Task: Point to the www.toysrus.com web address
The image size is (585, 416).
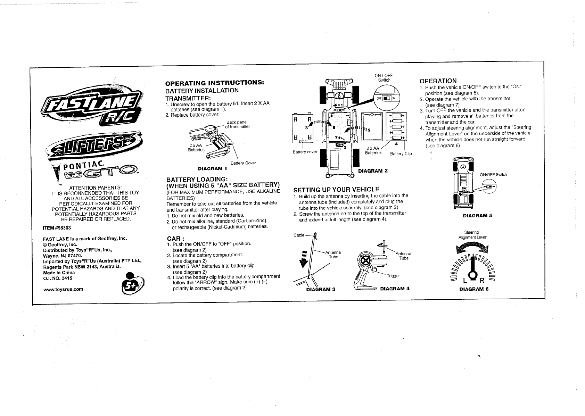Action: (63, 289)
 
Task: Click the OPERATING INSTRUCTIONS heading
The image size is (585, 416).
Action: (215, 83)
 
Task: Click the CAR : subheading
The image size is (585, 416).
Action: (175, 239)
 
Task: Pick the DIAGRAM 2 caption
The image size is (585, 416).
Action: (373, 171)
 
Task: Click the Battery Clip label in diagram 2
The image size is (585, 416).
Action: (401, 154)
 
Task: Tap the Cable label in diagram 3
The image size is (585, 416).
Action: (299, 235)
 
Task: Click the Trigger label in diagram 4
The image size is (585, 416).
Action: (394, 276)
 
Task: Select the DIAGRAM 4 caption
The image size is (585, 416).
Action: (395, 289)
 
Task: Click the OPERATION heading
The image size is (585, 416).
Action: (438, 81)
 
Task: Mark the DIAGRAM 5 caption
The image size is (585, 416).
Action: (477, 215)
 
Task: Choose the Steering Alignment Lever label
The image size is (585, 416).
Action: (472, 235)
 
